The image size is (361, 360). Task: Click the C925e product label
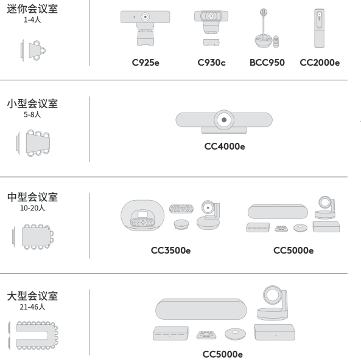coord(145,63)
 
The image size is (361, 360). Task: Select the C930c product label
coord(212,63)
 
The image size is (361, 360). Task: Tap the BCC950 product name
coord(267,63)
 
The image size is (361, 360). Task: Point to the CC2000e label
coord(320,63)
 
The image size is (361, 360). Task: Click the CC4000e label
coord(225,147)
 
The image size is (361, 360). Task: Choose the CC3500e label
coord(170,251)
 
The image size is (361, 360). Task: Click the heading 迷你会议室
coord(32,9)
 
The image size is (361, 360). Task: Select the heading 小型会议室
coord(32,103)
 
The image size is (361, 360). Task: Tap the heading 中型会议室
coord(32,197)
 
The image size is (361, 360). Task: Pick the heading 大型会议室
coord(32,296)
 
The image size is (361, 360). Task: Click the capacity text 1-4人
coord(32,20)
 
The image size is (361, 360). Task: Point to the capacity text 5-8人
coord(32,114)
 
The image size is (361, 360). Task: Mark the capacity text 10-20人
coord(32,208)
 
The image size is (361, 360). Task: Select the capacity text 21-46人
coord(32,307)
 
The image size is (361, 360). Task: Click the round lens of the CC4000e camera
coord(224,120)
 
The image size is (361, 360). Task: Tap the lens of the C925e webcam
coord(145,17)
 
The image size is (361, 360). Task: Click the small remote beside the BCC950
coord(276,41)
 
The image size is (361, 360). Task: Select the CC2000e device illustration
coord(320,29)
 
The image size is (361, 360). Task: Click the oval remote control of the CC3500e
coord(181,209)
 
